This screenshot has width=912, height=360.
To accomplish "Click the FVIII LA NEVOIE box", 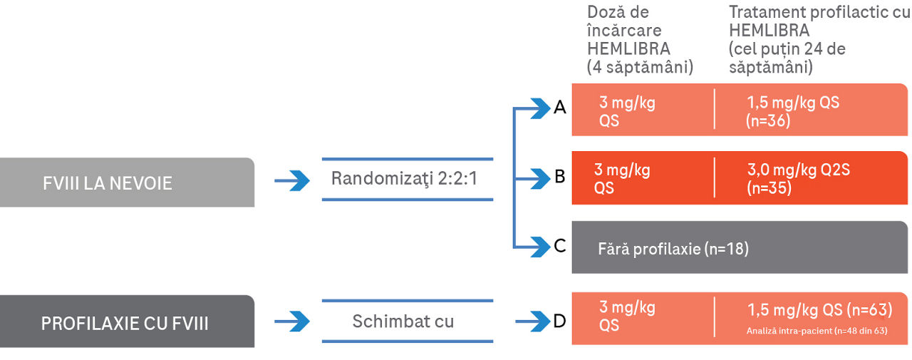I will point(127,182).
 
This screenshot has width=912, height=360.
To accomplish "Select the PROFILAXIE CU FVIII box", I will point(127,322).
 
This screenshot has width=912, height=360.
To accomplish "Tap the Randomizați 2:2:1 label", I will point(404,178).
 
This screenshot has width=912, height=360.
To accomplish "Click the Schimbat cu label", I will point(403,321).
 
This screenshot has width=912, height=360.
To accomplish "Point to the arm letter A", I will point(560,108).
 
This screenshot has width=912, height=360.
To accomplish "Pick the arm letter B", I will point(560,176).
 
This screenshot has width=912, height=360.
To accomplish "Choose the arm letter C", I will point(560,246).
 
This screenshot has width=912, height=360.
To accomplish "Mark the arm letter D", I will point(560,321).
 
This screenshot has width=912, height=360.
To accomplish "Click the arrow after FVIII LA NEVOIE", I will point(292,181).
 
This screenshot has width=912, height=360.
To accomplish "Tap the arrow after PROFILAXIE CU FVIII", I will point(292,322).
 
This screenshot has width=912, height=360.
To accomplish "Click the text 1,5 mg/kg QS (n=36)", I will point(792,111).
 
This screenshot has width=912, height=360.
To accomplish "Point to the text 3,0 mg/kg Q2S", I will point(798,170).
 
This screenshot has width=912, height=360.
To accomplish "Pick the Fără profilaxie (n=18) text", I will point(673,249).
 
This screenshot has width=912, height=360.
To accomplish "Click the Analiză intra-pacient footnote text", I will point(817,331).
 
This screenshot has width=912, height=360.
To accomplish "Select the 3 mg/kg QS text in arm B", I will point(622,179).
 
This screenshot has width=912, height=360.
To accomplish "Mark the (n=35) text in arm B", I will point(769,188).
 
